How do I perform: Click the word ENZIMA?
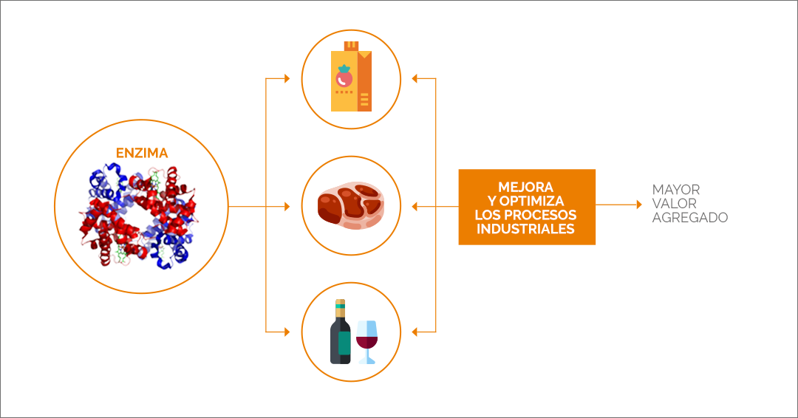[142, 153]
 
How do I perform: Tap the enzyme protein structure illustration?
[138, 216]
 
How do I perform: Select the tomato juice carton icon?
[351, 76]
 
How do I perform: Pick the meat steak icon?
[351, 206]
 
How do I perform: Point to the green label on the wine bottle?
[344, 343]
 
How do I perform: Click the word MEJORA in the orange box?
[526, 187]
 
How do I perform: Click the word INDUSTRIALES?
[526, 229]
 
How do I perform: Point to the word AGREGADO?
[690, 218]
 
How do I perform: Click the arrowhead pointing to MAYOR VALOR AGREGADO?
[639, 205]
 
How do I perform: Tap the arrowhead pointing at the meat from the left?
[287, 207]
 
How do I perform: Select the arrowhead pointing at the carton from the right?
[415, 78]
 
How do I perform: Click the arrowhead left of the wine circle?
[287, 332]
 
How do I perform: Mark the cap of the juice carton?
[351, 47]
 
